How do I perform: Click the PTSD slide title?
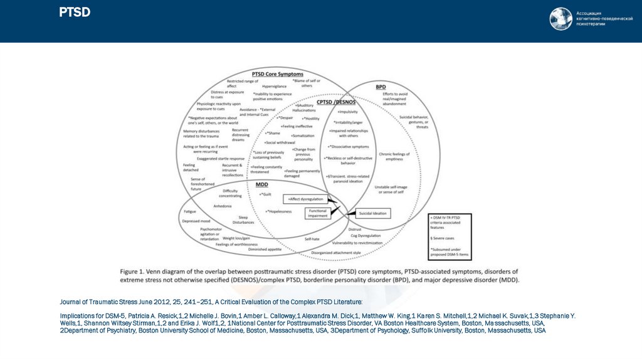75,13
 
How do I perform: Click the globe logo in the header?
560,19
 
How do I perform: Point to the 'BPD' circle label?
381,86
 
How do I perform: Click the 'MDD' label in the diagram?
261,185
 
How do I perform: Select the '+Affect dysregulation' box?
305,199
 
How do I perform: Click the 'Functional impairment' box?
318,213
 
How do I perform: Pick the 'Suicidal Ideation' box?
372,213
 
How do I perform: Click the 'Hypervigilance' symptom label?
274,86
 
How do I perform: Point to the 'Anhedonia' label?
223,206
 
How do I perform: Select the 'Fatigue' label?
190,211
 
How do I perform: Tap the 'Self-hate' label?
312,239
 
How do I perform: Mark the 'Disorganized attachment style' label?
337,253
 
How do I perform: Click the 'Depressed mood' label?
196,221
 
